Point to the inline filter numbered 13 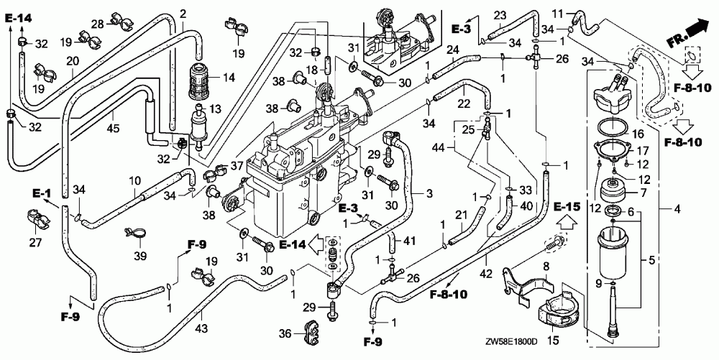click(x=199, y=127)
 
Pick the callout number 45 click(x=113, y=127)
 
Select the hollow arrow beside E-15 click(x=567, y=223)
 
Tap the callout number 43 click(x=202, y=328)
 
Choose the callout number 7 click(x=644, y=193)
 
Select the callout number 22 click(x=464, y=104)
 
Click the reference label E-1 click(x=41, y=194)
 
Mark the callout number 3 click(x=429, y=193)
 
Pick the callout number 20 click(x=73, y=61)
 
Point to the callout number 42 click(x=487, y=274)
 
